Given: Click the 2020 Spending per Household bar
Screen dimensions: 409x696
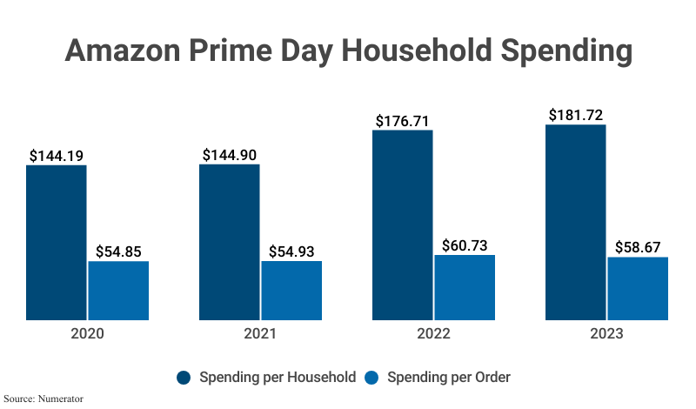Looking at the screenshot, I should (57, 242).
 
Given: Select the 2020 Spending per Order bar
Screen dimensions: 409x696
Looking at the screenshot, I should (118, 291).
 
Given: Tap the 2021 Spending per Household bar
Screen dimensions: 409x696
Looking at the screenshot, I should (230, 242).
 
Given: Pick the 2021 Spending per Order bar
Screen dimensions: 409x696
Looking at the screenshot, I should (291, 291).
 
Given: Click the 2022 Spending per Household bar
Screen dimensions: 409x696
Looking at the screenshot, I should (403, 225).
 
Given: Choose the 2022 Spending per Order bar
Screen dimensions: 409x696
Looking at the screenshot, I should (465, 287).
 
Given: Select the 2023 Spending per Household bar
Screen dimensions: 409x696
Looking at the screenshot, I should (576, 222).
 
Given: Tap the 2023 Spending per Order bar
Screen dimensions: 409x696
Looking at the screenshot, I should (638, 288).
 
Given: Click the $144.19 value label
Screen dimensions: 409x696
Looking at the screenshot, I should (57, 156).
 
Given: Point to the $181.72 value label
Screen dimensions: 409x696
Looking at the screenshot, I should (576, 115).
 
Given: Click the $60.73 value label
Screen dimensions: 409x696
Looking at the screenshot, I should (465, 245).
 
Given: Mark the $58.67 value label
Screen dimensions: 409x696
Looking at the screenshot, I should (638, 247).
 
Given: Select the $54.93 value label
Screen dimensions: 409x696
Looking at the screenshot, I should (291, 251).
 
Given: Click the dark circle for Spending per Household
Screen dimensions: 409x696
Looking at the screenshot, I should (184, 378).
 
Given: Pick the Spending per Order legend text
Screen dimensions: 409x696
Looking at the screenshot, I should (448, 378).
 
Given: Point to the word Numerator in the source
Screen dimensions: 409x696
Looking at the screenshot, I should (60, 399).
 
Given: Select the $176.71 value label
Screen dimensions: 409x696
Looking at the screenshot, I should (403, 121).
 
